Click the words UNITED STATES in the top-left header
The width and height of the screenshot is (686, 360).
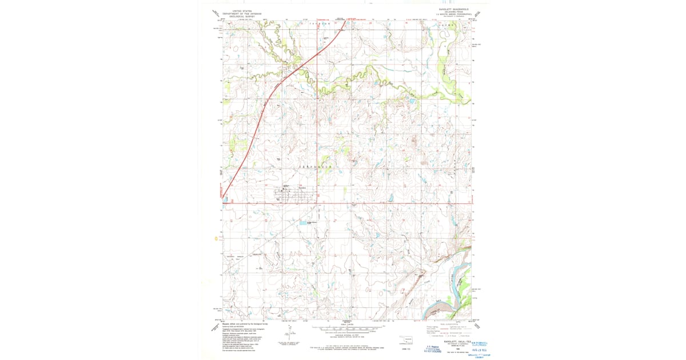(x=238, y=10)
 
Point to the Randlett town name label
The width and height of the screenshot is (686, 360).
(x=304, y=187)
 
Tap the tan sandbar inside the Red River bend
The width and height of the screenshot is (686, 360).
(x=437, y=309)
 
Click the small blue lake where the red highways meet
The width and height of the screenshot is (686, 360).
(x=225, y=200)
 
